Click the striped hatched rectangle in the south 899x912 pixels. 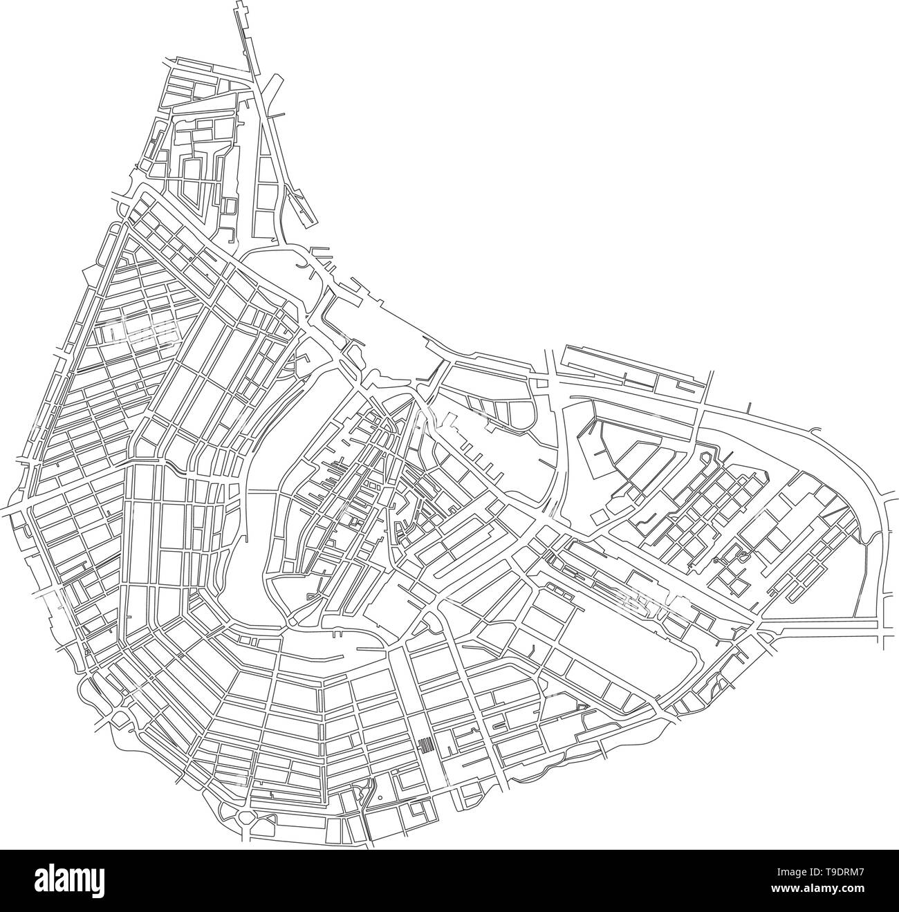pos(427,745)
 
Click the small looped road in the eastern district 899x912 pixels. pos(743,555)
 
